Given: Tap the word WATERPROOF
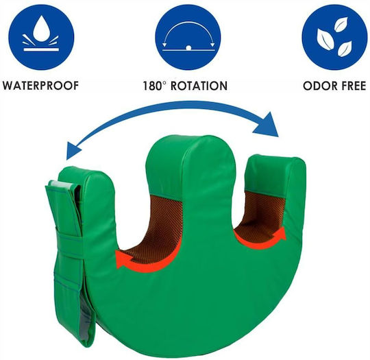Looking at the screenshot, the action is (40, 85).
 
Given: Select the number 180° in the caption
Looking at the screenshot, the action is (153, 86).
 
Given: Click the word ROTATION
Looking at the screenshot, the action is (199, 86).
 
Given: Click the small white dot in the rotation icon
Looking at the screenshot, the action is (188, 48).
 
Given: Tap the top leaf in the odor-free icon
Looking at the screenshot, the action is (341, 24).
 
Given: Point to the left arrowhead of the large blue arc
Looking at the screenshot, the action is (73, 150).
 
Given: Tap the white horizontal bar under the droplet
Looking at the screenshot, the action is (41, 49).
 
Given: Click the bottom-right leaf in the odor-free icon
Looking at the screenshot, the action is (345, 49).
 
